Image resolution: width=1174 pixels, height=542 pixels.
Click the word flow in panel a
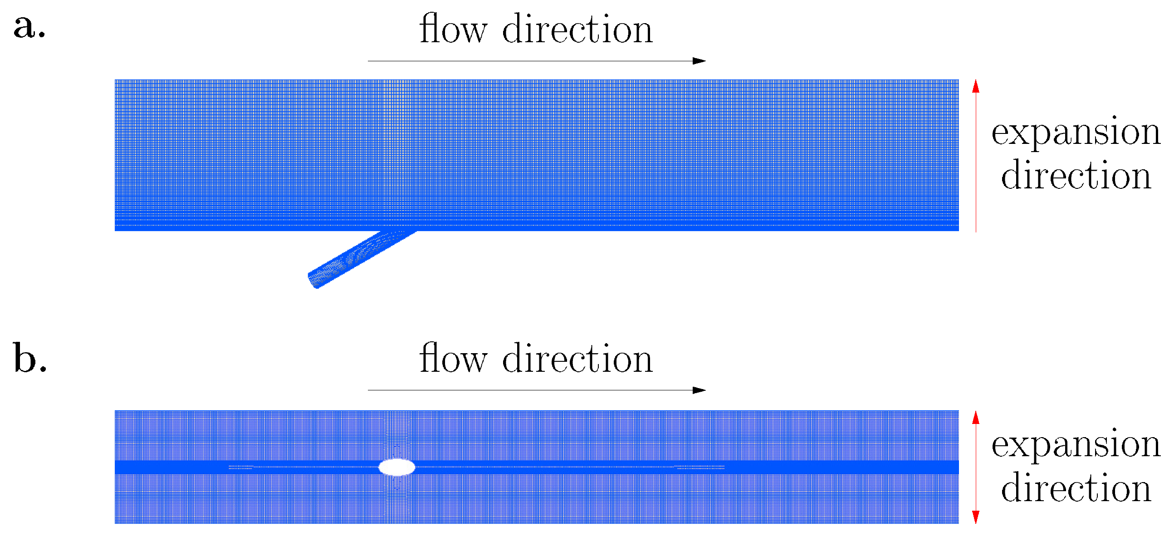[453, 29]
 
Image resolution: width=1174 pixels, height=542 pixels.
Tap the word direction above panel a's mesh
[577, 29]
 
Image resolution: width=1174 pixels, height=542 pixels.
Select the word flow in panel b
[453, 359]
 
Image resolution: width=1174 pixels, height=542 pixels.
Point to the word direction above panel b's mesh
[577, 359]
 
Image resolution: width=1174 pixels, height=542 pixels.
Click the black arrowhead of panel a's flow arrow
[699, 61]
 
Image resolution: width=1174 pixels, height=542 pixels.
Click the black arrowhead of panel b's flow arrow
[699, 390]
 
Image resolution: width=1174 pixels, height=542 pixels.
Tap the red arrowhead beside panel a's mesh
[976, 86]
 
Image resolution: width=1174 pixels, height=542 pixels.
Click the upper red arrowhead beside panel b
[976, 417]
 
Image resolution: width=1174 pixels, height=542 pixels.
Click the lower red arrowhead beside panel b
[976, 517]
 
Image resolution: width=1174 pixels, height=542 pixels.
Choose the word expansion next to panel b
[1076, 445]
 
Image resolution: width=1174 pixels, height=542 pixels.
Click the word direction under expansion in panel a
[1076, 175]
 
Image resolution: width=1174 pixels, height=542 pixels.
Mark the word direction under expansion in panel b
[1076, 488]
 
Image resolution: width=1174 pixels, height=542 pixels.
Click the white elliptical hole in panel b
[397, 467]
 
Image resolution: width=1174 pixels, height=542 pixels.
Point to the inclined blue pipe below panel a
[360, 258]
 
